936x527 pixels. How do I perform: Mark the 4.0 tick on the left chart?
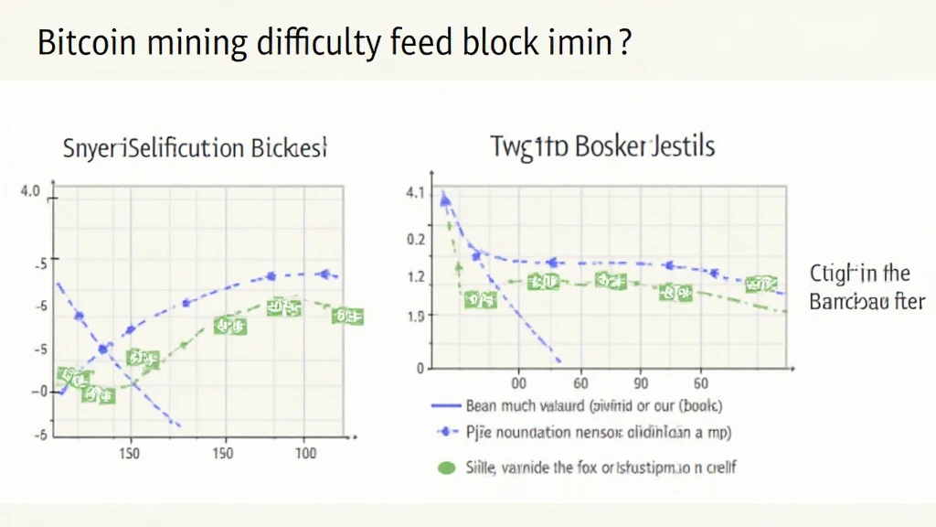pos(30,192)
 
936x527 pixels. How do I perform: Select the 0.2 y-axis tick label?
pos(415,239)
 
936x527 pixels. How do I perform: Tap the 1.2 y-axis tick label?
pos(415,277)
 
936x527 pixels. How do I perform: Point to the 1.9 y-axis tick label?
pos(415,317)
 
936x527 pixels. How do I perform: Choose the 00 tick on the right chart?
pos(518,384)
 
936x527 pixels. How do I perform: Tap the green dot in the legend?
pos(446,468)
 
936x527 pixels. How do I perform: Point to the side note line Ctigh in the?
pos(859,273)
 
